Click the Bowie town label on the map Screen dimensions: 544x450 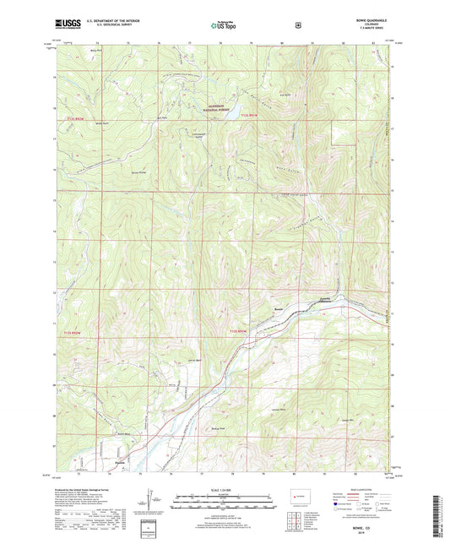(278, 309)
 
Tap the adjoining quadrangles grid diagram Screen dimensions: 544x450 (296, 515)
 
